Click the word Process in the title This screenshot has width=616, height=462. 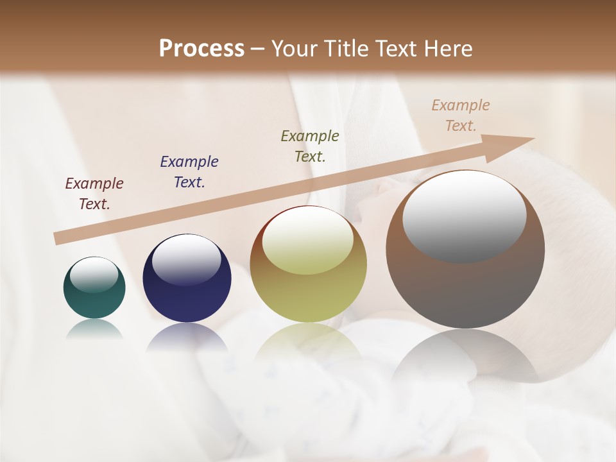pyautogui.click(x=201, y=49)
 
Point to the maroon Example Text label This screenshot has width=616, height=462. pyautogui.click(x=94, y=194)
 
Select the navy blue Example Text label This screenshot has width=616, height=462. pyautogui.click(x=189, y=172)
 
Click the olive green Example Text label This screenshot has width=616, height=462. pyautogui.click(x=310, y=146)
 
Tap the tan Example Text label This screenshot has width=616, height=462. pyautogui.click(x=461, y=116)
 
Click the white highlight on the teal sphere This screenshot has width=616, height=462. pyautogui.click(x=94, y=275)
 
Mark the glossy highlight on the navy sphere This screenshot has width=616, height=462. pyautogui.click(x=187, y=259)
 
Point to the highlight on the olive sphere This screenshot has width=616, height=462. pyautogui.click(x=308, y=239)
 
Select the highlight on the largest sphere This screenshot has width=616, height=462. pyautogui.click(x=464, y=216)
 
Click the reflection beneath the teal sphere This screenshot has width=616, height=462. pyautogui.click(x=94, y=330)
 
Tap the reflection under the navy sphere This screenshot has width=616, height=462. pyautogui.click(x=187, y=338)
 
